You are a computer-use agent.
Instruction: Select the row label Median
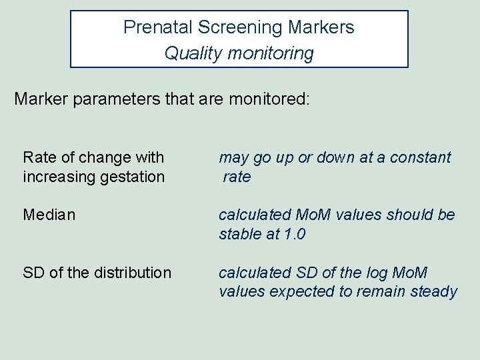click(49, 215)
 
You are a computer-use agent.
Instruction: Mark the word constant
click(420, 157)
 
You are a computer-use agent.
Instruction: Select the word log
click(374, 273)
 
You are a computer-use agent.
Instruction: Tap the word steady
click(434, 292)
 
